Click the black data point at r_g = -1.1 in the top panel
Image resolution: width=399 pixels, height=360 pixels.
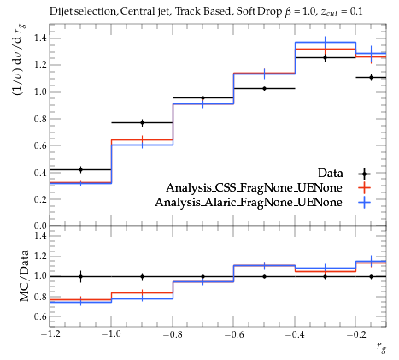coord(80,169)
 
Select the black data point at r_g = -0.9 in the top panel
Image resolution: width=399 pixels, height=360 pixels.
coord(142,123)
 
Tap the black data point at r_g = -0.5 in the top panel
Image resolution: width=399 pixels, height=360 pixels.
coord(264,89)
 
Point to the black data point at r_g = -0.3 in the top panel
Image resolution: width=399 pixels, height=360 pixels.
coord(325,58)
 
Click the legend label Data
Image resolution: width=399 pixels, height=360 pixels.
coord(331,173)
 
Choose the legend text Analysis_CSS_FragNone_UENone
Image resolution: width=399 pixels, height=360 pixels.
coord(254,187)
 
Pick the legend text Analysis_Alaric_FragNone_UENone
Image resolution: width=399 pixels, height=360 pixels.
coord(249,202)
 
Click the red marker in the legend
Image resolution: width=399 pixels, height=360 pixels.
coord(364,187)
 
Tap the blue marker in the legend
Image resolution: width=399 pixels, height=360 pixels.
coord(364,202)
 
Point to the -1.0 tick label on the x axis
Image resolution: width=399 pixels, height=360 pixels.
coord(111,333)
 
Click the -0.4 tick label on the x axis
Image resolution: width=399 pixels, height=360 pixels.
coord(295,333)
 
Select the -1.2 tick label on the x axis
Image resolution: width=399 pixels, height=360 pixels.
coord(50,333)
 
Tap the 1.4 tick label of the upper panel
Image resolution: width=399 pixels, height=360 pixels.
coord(40,38)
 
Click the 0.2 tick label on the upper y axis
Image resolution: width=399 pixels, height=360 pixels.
coord(40,199)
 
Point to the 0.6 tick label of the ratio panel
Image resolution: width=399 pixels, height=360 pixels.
coord(40,316)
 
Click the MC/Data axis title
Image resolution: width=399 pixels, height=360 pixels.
coord(25,275)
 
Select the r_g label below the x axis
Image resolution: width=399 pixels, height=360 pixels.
coord(381,346)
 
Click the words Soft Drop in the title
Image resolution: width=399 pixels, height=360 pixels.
coord(259,11)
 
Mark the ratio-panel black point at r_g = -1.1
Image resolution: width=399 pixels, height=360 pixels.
coord(80,276)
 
